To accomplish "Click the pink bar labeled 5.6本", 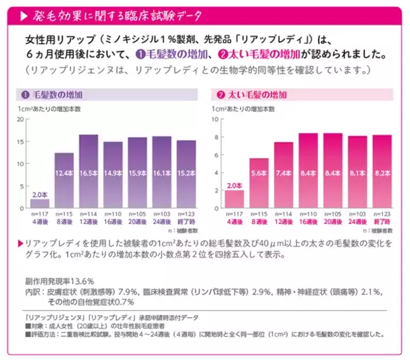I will [259, 182].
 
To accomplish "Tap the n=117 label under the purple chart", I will [40, 214].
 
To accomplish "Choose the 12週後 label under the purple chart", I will [88, 222].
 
